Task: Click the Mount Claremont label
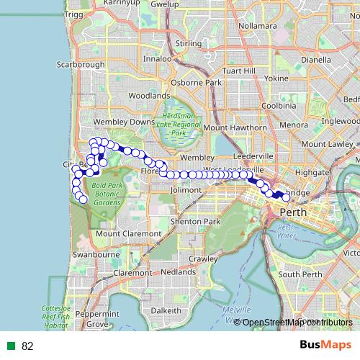(x=128, y=234)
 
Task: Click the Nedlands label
(x=178, y=273)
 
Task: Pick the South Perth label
(x=299, y=274)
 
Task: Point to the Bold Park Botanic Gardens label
(x=108, y=194)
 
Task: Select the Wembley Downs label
(x=131, y=122)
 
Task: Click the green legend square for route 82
(x=12, y=346)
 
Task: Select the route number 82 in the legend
(x=28, y=346)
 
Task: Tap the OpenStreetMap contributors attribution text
(x=293, y=323)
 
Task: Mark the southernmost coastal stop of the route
(x=83, y=199)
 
